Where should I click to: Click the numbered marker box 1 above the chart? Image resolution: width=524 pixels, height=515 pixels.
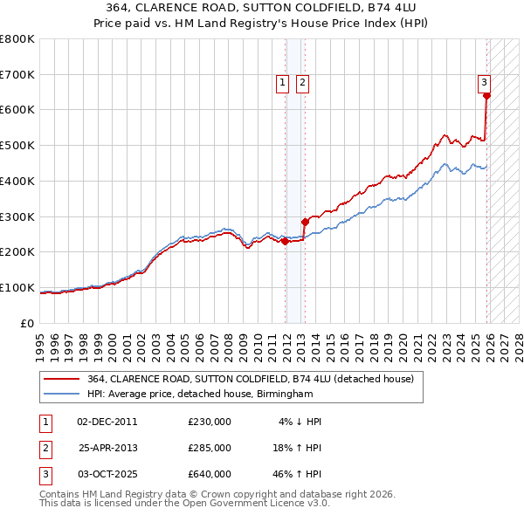pos(284,83)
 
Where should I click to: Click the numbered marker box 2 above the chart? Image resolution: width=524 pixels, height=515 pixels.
pos(302,83)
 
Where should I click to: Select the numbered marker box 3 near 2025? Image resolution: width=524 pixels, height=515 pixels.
pos(484,83)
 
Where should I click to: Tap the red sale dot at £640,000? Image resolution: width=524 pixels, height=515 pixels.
pos(486,96)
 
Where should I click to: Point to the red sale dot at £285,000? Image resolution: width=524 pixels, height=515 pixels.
pos(306,222)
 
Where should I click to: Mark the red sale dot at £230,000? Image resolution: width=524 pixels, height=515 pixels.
pos(286,241)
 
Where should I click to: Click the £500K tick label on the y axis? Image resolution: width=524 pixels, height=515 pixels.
pos(17,145)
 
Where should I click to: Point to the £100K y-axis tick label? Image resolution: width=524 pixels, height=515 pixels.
pos(17,287)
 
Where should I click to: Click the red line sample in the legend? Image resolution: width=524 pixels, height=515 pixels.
pos(62,379)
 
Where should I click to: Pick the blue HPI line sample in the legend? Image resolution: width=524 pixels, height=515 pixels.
pos(62,395)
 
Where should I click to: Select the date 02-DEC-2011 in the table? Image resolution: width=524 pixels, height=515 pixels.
pos(107,422)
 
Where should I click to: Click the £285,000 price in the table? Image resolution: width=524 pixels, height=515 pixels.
pos(210,448)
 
